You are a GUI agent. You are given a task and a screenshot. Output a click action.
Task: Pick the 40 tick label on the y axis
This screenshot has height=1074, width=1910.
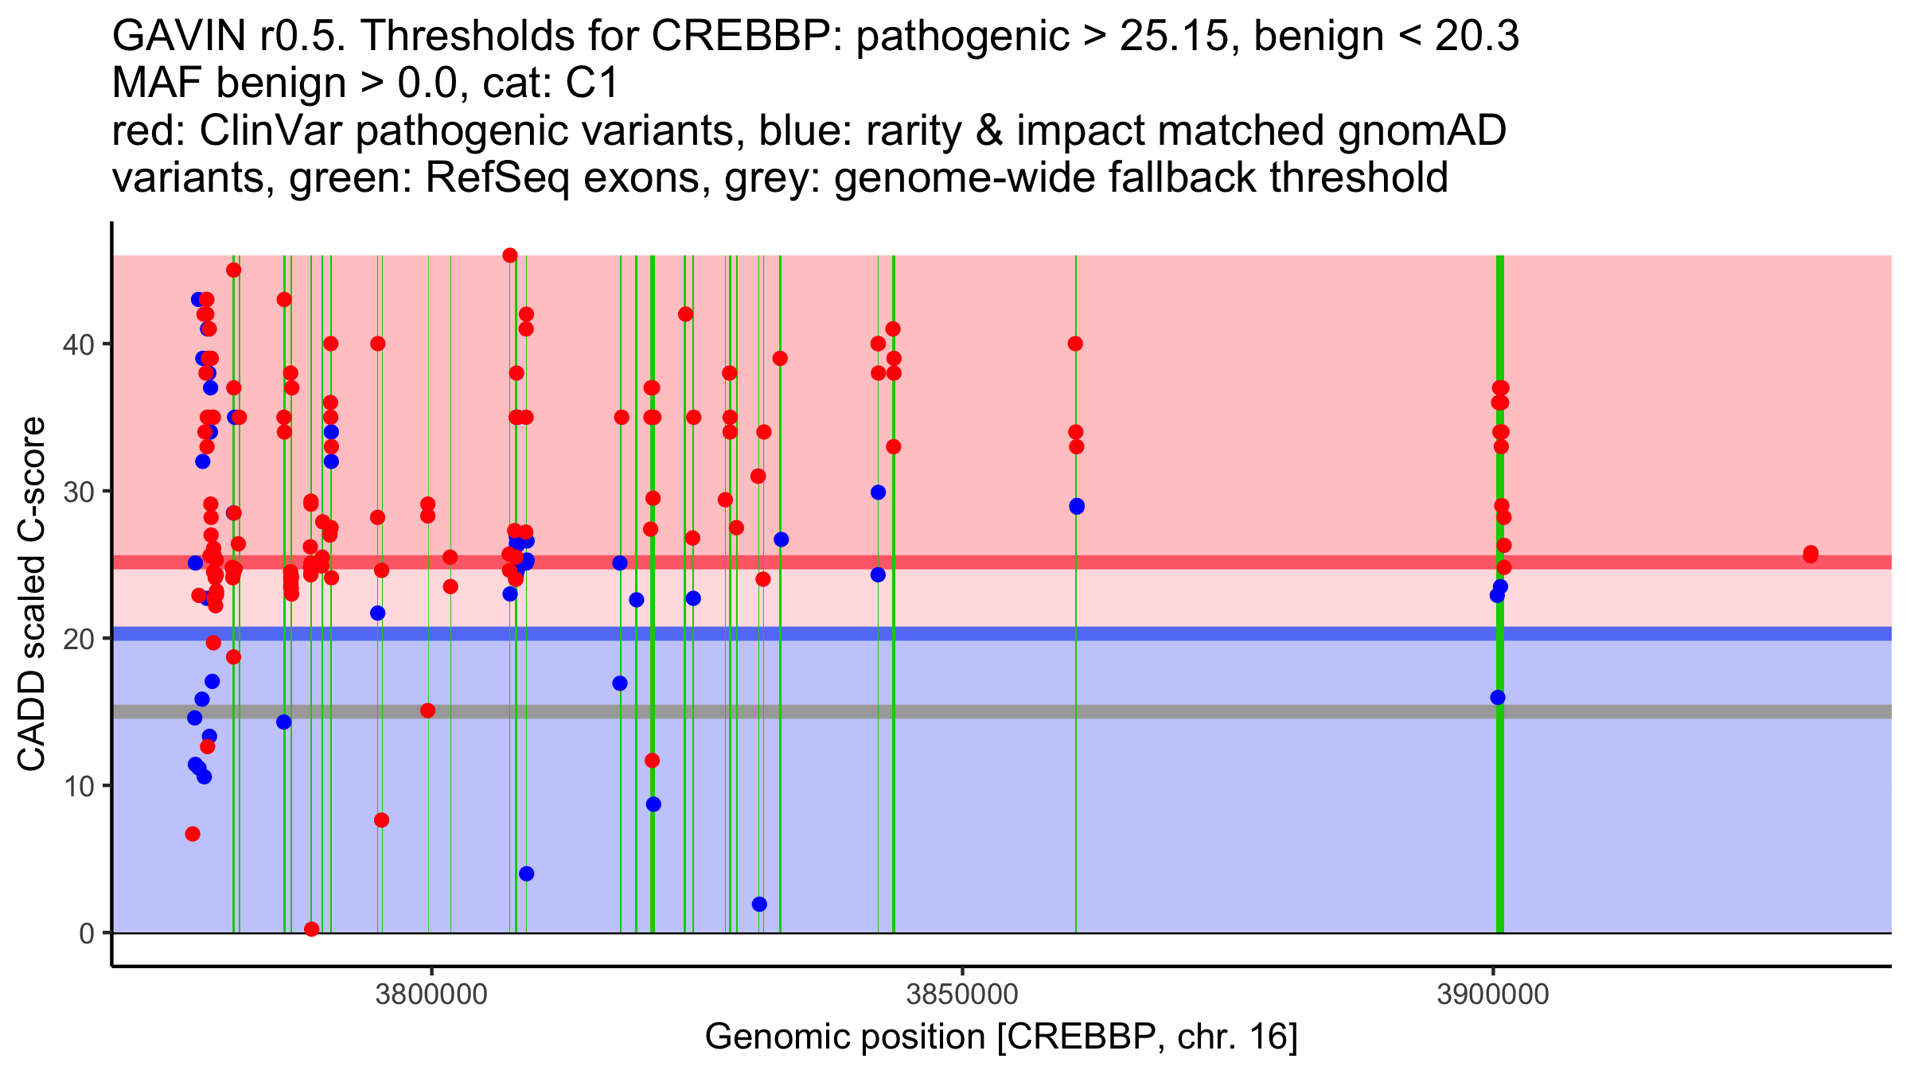pyautogui.click(x=78, y=344)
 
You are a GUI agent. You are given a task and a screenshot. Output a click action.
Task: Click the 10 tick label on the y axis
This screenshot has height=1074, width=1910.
pyautogui.click(x=78, y=786)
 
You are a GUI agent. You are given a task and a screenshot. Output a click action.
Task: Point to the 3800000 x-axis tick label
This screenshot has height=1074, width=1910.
pyautogui.click(x=431, y=995)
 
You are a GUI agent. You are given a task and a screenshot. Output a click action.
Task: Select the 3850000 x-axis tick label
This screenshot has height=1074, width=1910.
pyautogui.click(x=962, y=995)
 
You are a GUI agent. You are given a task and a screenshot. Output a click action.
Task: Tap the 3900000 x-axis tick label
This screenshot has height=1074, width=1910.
pyautogui.click(x=1493, y=995)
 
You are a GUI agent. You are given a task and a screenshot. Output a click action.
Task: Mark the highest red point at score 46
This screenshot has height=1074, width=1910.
pyautogui.click(x=510, y=255)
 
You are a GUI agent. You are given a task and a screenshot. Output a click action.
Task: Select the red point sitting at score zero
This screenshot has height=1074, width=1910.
pyautogui.click(x=312, y=929)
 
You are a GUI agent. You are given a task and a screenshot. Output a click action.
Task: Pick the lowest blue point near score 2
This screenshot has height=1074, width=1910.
pyautogui.click(x=759, y=904)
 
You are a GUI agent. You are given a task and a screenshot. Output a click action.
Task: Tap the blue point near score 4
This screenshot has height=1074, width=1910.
pyautogui.click(x=526, y=874)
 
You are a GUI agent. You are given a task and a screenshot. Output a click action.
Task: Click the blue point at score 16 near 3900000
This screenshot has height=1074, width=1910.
pyautogui.click(x=1498, y=698)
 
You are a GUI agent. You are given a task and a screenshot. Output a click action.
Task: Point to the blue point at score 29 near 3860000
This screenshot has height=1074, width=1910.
pyautogui.click(x=1077, y=506)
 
